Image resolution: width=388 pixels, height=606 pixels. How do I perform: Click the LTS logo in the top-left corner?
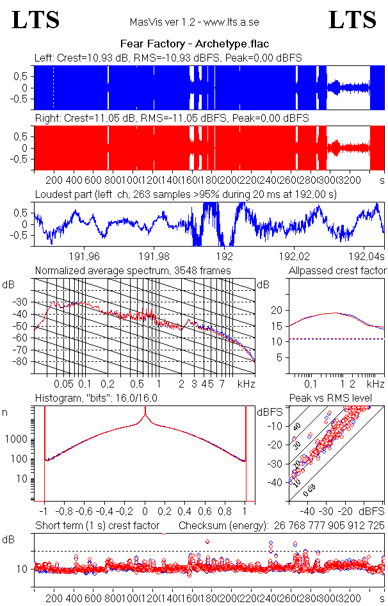point(36,20)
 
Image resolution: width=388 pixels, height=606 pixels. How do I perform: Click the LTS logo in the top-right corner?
point(352,20)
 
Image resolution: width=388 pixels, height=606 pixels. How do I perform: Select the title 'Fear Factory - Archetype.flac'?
point(194,44)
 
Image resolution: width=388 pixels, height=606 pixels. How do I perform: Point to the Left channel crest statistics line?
point(168,58)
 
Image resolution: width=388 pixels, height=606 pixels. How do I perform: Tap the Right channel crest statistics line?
point(172,119)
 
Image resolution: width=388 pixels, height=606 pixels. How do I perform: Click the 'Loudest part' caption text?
point(186,194)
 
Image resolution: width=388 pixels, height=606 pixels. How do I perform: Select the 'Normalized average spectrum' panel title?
point(133,270)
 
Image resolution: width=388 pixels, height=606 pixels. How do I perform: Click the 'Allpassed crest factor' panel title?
point(337,270)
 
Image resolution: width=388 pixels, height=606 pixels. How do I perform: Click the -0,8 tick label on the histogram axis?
point(66,512)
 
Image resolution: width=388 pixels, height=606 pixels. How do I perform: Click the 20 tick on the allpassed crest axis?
point(277,310)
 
